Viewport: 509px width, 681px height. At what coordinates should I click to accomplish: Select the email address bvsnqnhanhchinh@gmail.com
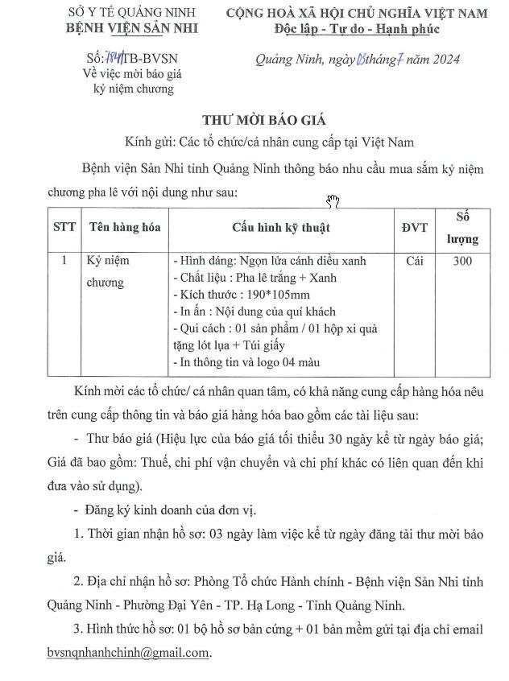point(128,653)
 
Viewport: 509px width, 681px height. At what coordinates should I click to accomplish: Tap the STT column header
point(64,227)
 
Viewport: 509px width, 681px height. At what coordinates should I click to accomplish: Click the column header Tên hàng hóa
point(125,227)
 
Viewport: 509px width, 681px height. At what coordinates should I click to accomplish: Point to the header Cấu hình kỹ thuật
point(281,227)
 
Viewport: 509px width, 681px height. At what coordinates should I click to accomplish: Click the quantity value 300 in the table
point(462,261)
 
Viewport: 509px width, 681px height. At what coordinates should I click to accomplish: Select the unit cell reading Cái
point(415,261)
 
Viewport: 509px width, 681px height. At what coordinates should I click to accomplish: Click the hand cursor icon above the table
point(333,200)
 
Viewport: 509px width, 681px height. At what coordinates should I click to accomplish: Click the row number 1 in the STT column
point(64,261)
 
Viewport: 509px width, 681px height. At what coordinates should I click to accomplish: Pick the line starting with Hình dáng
point(270,261)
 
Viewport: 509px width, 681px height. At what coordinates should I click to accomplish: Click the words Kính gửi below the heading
point(150,143)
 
